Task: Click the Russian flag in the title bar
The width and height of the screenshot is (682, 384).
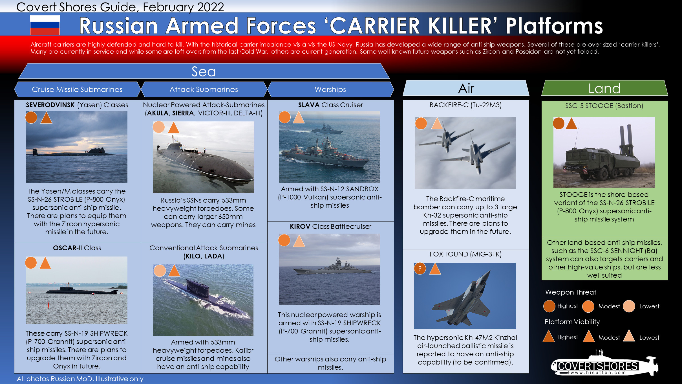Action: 45,25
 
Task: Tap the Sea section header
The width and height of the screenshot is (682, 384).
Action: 204,71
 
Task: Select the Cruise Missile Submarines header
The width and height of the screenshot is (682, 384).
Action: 77,89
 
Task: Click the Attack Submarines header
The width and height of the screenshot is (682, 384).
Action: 204,89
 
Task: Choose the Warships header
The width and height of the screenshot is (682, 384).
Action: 330,89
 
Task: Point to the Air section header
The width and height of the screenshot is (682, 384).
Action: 466,88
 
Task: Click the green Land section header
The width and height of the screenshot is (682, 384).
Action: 604,88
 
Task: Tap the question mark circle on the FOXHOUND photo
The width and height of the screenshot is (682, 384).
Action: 420,268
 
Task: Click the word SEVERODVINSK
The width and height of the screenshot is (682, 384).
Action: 50,105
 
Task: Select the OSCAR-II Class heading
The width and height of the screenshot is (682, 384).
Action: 77,248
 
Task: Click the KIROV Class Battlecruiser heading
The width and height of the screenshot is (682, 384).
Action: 330,227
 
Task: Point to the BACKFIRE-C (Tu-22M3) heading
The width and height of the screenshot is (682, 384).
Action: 466,105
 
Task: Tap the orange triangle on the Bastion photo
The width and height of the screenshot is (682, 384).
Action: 571,124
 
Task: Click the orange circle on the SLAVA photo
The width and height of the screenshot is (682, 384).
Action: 284,117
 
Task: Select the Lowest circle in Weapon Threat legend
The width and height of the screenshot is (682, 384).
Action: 629,306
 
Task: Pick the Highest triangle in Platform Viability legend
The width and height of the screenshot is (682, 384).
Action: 549,336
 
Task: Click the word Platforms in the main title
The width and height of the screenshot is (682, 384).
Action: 554,26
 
